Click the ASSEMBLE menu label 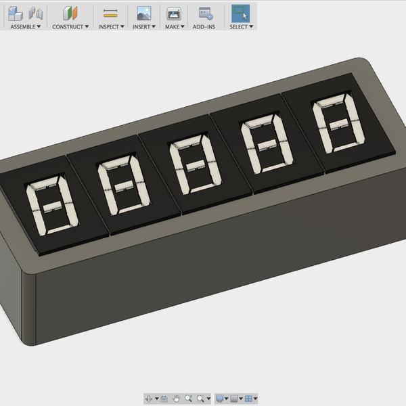pos(25,26)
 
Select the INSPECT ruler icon pos(110,13)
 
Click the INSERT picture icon pos(143,13)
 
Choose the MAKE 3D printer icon pos(174,13)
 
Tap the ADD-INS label pos(204,26)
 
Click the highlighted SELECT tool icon pos(240,13)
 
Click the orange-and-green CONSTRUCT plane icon pos(70,13)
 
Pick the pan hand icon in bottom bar pos(176,399)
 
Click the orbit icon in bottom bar pos(150,399)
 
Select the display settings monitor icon pos(219,399)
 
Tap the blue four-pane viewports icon pos(248,399)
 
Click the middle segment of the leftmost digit pos(51,205)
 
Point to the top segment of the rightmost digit pos(334,102)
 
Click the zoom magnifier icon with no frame pos(189,399)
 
